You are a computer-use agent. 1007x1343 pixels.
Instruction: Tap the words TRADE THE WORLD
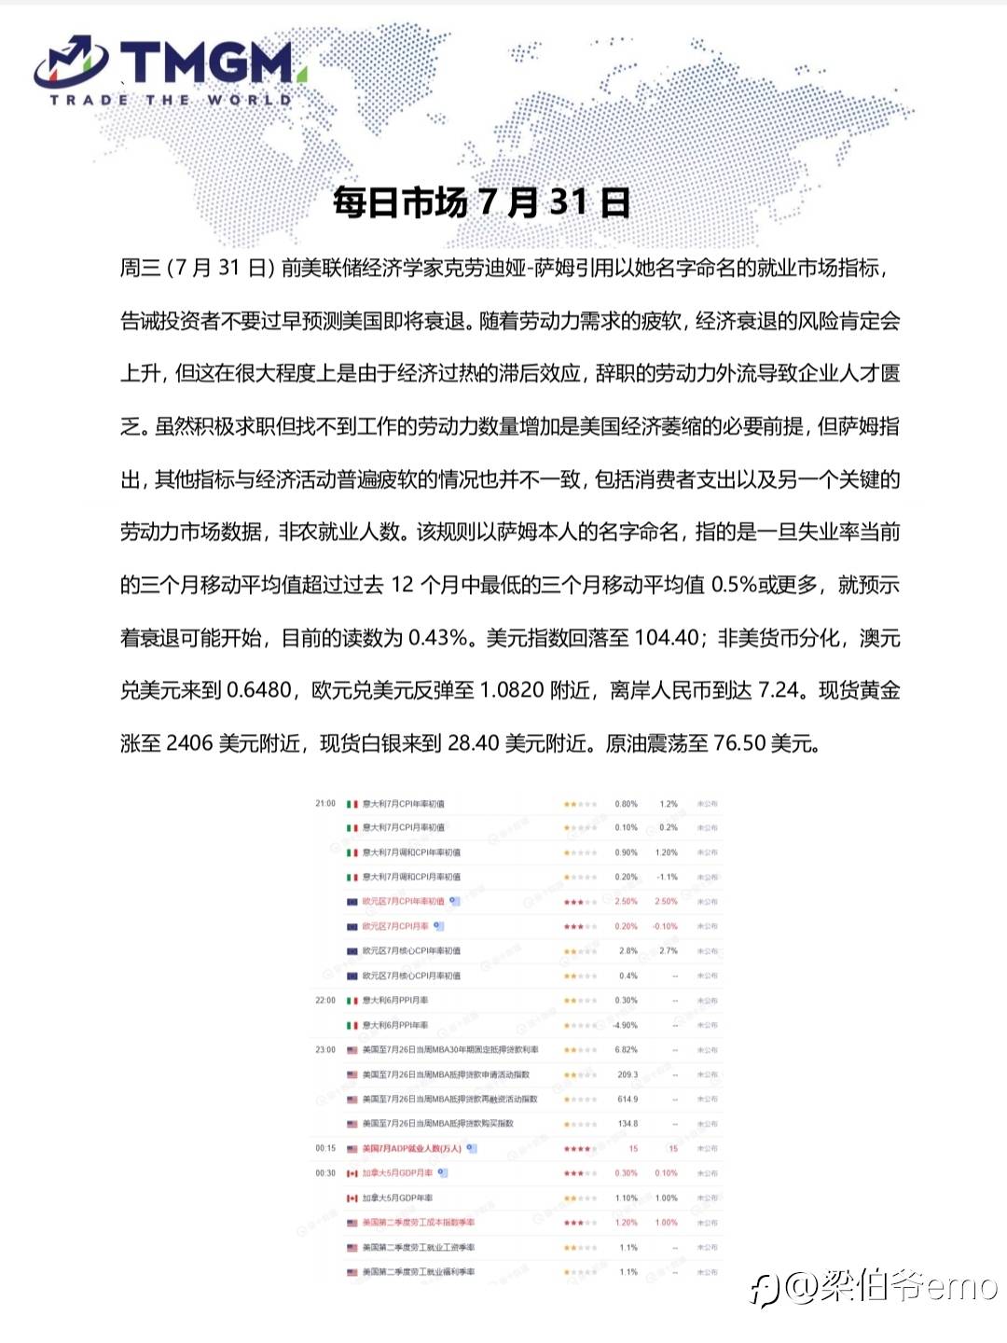(x=171, y=100)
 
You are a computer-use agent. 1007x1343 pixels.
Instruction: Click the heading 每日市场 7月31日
(x=481, y=202)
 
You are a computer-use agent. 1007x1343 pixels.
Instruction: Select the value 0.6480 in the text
(x=259, y=690)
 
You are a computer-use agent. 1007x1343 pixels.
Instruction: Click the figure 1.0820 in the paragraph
(x=512, y=690)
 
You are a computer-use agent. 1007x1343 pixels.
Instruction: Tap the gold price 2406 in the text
(x=189, y=743)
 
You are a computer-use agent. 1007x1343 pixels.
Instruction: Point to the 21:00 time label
(x=325, y=803)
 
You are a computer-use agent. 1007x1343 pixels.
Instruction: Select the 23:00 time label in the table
(x=325, y=1050)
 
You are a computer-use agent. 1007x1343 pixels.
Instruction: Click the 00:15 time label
(x=325, y=1148)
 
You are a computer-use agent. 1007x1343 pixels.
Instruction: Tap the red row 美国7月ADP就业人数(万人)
(x=411, y=1148)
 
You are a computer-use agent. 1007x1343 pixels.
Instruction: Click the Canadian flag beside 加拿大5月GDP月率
(x=352, y=1173)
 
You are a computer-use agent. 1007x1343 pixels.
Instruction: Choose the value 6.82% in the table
(x=627, y=1050)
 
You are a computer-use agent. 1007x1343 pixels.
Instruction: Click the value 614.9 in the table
(x=628, y=1100)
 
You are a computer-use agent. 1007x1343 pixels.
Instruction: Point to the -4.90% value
(x=626, y=1025)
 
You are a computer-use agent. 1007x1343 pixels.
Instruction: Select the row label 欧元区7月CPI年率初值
(x=403, y=902)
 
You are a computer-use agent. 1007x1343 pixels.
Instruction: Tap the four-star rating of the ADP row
(x=578, y=1149)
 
